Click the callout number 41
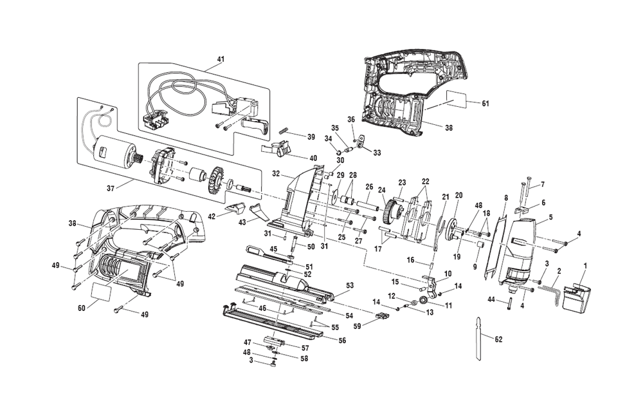[221, 59]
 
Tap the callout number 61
[485, 103]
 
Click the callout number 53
[350, 285]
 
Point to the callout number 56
[341, 340]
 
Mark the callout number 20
[458, 195]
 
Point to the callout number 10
[448, 273]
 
